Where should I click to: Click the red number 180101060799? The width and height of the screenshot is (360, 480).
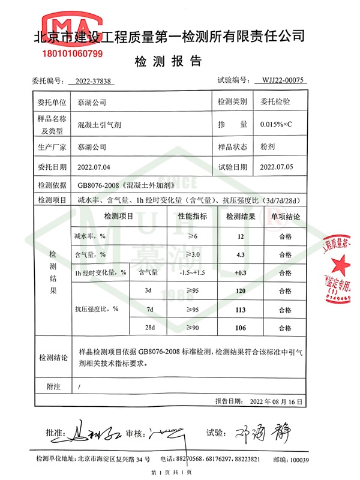point(73,54)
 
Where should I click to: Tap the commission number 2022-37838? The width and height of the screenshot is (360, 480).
point(94,80)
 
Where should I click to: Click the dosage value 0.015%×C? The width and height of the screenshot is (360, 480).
point(275,124)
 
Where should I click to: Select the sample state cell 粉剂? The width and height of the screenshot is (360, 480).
point(268,146)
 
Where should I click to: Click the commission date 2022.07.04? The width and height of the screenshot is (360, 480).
point(94,167)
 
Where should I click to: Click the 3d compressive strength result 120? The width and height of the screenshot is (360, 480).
point(241,291)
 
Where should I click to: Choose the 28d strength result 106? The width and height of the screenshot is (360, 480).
point(241,328)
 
